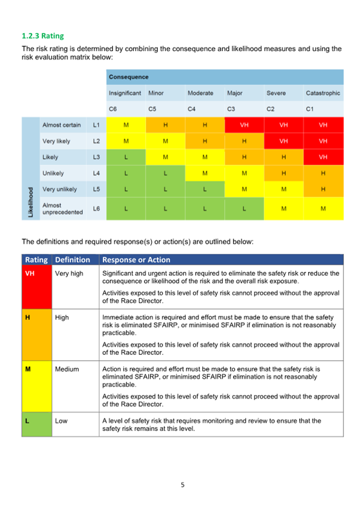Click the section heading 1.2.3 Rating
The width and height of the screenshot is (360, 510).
point(43,36)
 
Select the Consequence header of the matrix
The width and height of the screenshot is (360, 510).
point(129,77)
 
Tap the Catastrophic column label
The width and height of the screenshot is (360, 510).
point(323,93)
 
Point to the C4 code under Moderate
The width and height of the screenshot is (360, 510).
point(191,109)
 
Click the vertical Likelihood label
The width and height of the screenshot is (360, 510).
point(30,202)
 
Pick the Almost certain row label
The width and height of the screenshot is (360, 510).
point(61,125)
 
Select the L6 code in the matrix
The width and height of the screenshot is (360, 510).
point(97,208)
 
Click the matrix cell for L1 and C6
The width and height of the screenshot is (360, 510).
point(126,125)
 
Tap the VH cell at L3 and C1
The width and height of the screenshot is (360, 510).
point(323,157)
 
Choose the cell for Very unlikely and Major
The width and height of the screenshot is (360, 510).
point(244,189)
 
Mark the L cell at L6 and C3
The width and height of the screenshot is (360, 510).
point(244,208)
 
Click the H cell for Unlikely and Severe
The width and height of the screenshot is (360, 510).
point(284,173)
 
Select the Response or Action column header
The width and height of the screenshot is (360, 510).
point(137,260)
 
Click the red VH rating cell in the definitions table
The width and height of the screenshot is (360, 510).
point(37,287)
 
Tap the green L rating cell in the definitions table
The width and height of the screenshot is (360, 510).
point(37,424)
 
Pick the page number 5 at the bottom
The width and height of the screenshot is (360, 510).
point(182,485)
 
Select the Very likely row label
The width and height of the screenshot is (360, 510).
point(57,141)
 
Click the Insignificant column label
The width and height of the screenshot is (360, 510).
point(125,93)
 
